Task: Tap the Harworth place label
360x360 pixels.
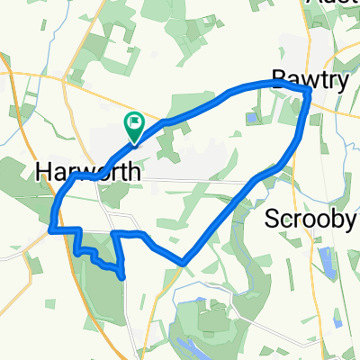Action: pos(79,169)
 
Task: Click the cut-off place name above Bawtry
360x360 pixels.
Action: pos(333,4)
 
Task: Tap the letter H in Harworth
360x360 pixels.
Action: pos(45,169)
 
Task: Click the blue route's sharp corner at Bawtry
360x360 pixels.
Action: pos(308,90)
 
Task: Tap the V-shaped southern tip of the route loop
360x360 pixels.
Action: pos(183,263)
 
